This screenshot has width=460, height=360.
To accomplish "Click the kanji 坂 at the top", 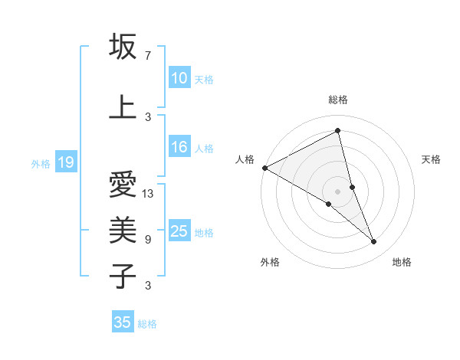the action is tap(123, 47).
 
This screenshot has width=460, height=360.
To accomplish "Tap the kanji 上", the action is tap(123, 106).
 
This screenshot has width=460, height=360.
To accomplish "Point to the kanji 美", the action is tap(123, 228).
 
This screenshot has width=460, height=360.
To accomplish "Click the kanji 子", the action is tap(123, 275).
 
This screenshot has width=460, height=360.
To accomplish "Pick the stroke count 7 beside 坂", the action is tap(147, 56).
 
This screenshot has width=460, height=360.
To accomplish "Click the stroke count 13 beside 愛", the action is tap(148, 194).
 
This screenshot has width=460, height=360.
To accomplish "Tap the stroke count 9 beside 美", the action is tap(147, 239).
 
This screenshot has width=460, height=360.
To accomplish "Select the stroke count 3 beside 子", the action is tap(147, 286).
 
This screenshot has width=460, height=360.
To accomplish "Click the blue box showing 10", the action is tap(179, 78).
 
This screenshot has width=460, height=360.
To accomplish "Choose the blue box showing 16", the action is tap(179, 148).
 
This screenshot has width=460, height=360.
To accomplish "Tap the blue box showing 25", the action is tap(179, 232).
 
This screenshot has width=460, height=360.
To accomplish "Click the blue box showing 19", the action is tap(65, 162).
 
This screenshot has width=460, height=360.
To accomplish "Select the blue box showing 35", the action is tap(122, 322).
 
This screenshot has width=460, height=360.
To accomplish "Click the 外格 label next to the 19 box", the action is tap(40, 163).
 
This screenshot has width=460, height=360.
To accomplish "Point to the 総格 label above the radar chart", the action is tap(337, 100).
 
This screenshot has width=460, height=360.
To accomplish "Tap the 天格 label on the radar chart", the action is tap(432, 159).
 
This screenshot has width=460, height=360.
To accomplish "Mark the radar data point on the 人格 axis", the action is tap(264, 167).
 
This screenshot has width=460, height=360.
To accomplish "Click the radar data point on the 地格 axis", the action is tap(374, 242).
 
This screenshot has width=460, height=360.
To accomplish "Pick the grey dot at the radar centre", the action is tap(337, 191).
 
